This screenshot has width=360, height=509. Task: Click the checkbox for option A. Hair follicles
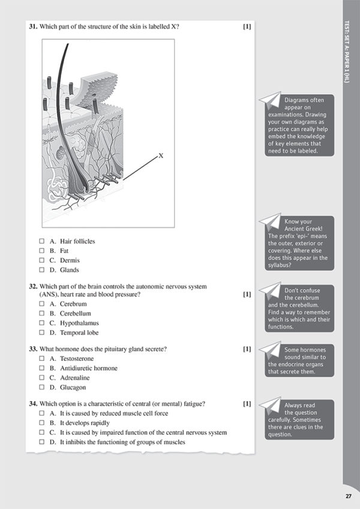pyautogui.click(x=42, y=241)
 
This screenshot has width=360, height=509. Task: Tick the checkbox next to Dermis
pyautogui.click(x=42, y=260)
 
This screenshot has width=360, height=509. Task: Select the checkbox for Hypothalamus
pyautogui.click(x=42, y=323)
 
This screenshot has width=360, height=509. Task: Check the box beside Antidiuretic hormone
pyautogui.click(x=42, y=368)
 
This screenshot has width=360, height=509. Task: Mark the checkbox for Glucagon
pyautogui.click(x=42, y=387)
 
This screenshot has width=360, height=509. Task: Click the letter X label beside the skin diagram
pyautogui.click(x=161, y=156)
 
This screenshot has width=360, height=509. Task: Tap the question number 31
pyautogui.click(x=33, y=27)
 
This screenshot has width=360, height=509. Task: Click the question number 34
pyautogui.click(x=33, y=403)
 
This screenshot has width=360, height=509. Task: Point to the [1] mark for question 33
pyautogui.click(x=247, y=348)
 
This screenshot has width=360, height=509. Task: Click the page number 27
pyautogui.click(x=348, y=495)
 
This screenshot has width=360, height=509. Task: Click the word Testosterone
pyautogui.click(x=77, y=359)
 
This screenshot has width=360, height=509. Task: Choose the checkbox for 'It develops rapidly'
pyautogui.click(x=42, y=423)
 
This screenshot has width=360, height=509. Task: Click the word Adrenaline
pyautogui.click(x=74, y=378)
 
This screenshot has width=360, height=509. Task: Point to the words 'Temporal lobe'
pyautogui.click(x=79, y=332)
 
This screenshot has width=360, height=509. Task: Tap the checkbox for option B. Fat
pyautogui.click(x=42, y=251)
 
